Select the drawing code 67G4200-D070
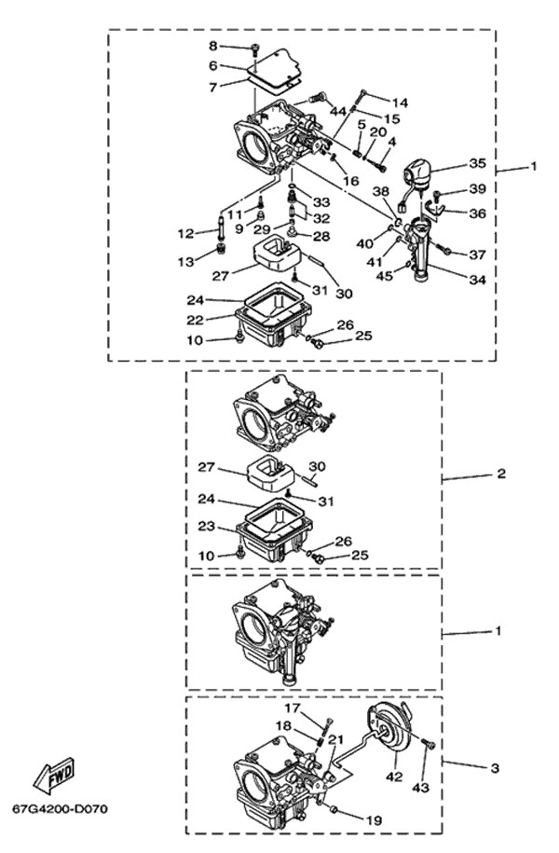(x=61, y=807)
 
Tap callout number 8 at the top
(x=212, y=46)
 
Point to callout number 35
(x=477, y=163)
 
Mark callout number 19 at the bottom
(x=374, y=820)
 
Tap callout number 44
(x=337, y=111)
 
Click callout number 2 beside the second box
(x=500, y=474)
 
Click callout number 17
(x=291, y=709)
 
